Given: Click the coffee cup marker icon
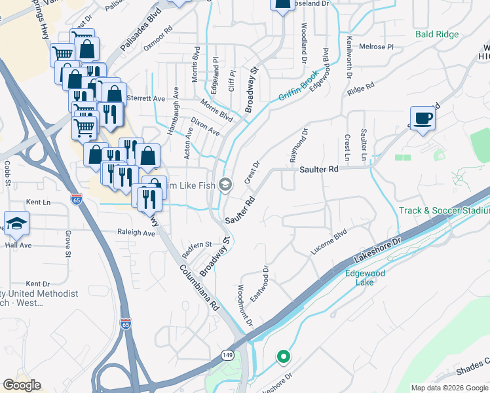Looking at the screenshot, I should coord(423,119).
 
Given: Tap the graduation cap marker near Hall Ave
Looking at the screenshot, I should coord(16,223).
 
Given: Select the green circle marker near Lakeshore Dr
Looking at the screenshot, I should coord(283,357).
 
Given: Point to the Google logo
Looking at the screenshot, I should coord(22,385).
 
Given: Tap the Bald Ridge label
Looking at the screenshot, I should coord(436,33).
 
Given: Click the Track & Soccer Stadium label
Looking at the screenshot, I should coord(444,210).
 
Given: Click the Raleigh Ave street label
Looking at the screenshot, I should coord(135,233).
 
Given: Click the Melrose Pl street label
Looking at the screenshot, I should coord(376,47).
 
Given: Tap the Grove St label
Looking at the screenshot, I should coord(67,243).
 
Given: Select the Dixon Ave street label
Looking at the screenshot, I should coord(205,126).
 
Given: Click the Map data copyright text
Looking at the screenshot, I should coord(449,388).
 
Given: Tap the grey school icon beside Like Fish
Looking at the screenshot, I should coord(225,185).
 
